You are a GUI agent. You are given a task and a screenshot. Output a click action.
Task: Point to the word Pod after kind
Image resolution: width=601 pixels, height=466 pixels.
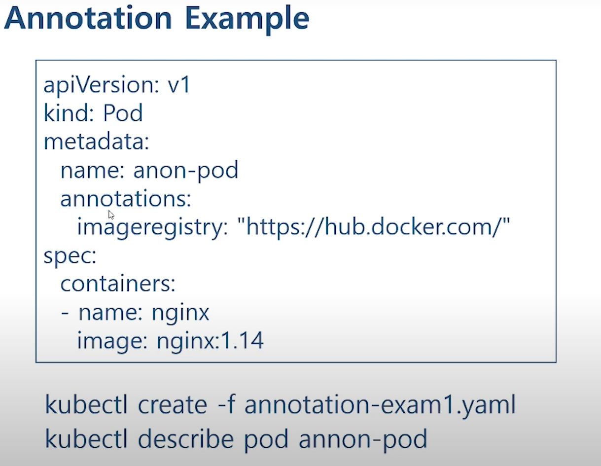(123, 113)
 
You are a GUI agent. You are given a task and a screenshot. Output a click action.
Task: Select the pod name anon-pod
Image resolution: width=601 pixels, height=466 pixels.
(186, 171)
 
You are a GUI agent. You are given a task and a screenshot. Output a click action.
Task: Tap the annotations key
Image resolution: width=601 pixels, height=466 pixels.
(126, 199)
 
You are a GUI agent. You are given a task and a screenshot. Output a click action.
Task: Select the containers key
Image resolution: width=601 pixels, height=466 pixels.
(118, 284)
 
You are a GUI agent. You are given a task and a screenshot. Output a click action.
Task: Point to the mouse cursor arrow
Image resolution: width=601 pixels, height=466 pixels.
(111, 215)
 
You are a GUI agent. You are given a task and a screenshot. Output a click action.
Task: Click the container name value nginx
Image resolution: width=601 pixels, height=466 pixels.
(180, 312)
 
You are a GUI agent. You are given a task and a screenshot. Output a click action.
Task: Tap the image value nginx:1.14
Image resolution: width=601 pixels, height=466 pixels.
(210, 340)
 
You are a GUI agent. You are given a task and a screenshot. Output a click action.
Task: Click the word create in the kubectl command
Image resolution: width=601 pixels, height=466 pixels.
(173, 405)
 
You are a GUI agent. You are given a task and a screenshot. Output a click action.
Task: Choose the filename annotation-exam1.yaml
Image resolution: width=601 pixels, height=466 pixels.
(380, 405)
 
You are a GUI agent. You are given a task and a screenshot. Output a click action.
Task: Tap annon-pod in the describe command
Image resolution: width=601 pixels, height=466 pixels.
(363, 438)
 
